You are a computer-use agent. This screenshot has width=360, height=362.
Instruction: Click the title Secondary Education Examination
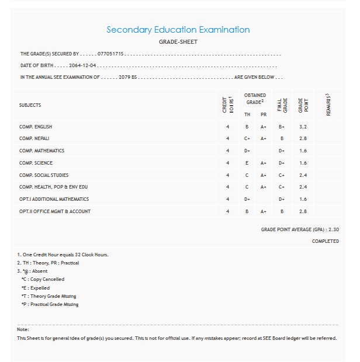tap(178, 30)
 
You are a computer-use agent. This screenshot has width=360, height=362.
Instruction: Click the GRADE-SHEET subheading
tap(178, 42)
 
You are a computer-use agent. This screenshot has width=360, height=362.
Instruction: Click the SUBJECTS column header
tap(30, 105)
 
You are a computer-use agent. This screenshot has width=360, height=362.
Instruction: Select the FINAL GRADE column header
tap(282, 105)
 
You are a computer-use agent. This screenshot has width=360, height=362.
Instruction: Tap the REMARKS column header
tap(328, 104)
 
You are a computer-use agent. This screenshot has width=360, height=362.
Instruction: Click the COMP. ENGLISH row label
tap(36, 127)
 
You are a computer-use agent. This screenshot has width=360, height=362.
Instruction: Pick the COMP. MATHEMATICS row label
tap(41, 151)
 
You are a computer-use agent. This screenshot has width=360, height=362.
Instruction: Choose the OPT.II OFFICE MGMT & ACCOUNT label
tap(55, 211)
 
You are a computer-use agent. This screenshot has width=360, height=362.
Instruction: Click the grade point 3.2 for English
tap(302, 127)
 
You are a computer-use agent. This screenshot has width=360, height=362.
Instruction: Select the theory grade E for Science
tap(247, 163)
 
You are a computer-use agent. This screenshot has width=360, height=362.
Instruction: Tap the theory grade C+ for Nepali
tap(247, 139)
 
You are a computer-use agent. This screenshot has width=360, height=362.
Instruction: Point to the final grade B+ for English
tap(282, 127)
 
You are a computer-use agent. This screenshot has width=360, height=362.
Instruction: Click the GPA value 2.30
tap(334, 230)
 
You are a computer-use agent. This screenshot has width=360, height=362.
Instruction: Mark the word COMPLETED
tap(325, 241)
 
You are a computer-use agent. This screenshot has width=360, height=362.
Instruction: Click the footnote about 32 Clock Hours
tap(63, 255)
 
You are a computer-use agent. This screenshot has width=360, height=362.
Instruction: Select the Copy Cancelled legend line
tap(43, 280)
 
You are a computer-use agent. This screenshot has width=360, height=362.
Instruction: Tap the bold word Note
tap(23, 330)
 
